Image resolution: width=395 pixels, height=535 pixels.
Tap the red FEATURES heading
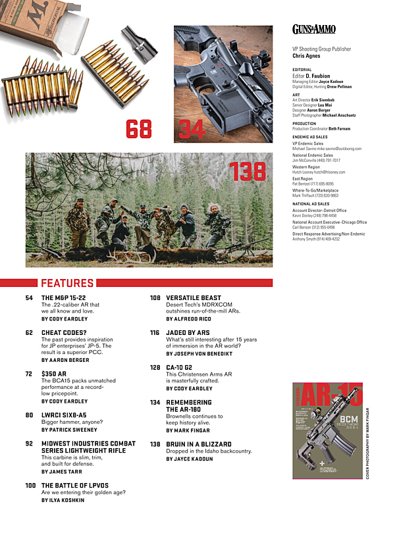[67, 284]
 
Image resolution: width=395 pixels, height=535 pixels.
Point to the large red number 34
[192, 129]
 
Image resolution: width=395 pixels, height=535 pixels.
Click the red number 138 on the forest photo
[247, 172]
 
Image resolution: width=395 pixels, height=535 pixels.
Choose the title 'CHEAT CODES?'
[63, 333]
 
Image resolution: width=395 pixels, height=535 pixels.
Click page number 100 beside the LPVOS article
[30, 486]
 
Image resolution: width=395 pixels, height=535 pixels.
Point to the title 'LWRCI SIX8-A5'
[64, 415]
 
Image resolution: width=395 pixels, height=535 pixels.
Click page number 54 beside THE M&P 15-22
[29, 298]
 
